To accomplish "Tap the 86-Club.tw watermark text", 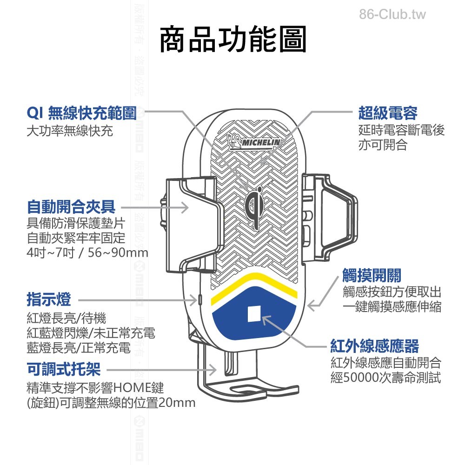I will tap(392, 14).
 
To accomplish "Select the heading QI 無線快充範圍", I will tap(81, 113).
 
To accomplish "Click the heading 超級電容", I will tap(387, 113).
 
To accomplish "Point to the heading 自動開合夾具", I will tap(71, 206).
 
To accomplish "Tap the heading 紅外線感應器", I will tap(374, 346).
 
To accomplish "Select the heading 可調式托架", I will tap(64, 369).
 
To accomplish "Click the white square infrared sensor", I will tap(254, 314).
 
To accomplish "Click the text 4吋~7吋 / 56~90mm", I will tap(88, 253).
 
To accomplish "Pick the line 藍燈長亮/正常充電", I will tap(79, 347).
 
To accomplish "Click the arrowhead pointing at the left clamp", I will tap(185, 207).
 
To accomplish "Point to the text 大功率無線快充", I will tap(70, 131).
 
